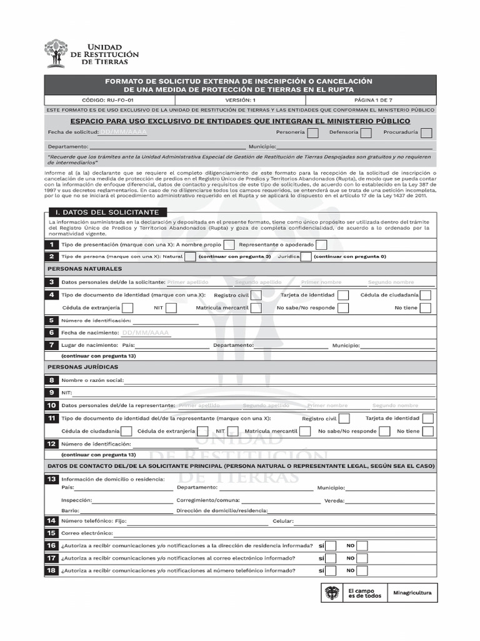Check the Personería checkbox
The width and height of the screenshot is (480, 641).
313,133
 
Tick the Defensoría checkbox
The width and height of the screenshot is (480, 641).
366,133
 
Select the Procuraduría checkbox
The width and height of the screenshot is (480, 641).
426,133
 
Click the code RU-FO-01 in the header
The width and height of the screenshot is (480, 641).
109,100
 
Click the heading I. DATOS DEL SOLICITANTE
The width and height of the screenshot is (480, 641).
107,212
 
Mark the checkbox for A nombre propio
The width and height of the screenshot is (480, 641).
229,245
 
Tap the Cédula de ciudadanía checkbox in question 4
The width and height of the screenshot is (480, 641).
426,295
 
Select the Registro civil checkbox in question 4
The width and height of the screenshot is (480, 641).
256,295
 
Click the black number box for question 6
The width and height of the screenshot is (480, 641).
51,333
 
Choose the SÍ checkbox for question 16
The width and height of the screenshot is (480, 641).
331,545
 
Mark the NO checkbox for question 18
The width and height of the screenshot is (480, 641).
361,570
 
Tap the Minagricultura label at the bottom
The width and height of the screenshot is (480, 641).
412,592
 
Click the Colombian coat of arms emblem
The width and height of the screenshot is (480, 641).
331,592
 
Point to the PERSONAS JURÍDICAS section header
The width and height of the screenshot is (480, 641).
82,367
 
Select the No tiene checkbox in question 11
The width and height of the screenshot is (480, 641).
428,431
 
